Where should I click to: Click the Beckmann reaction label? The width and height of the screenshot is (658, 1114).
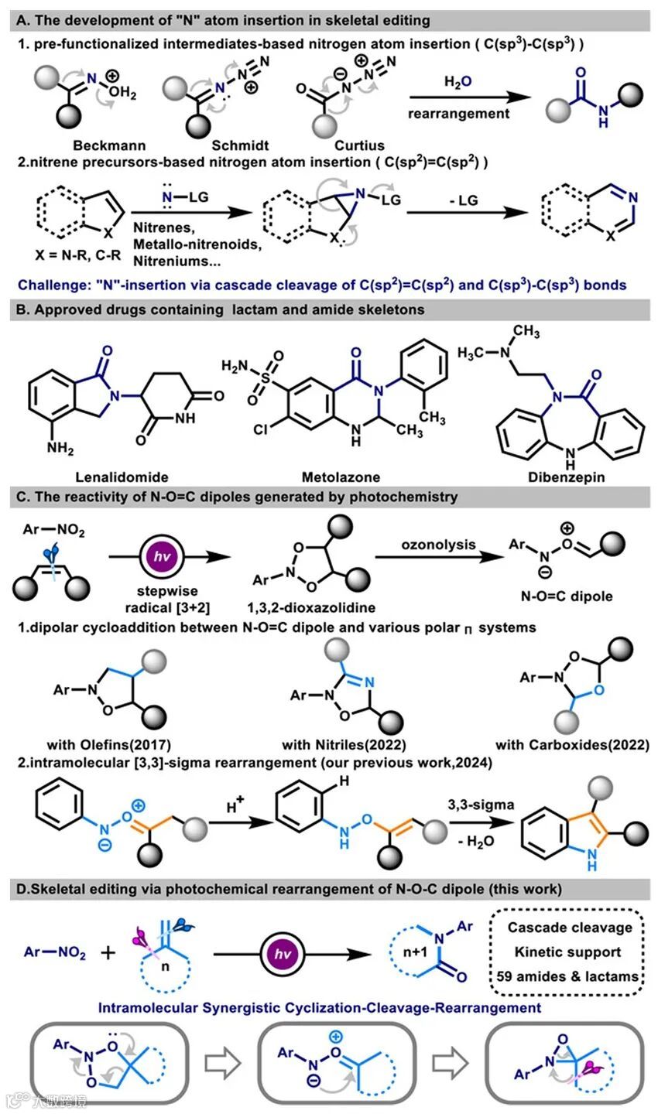(x=108, y=145)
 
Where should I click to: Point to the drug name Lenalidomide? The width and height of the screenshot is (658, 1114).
(x=118, y=477)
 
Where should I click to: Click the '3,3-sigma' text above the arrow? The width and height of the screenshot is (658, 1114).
(x=485, y=805)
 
